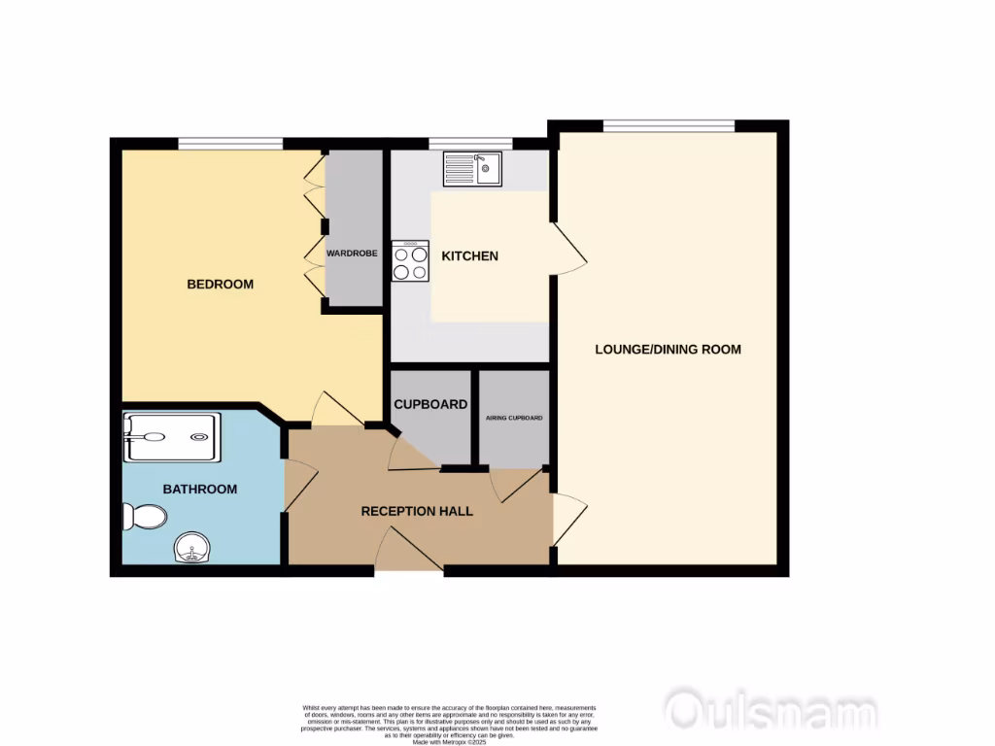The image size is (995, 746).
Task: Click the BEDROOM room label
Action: [220, 285]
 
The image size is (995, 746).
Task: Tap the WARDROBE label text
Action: [351, 253]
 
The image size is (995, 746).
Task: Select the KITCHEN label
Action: [469, 256]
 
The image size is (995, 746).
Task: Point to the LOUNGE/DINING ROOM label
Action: [668, 350]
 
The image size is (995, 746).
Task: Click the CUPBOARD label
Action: [429, 404]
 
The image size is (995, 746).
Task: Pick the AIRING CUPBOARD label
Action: [514, 419]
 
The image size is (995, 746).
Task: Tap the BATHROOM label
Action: [199, 489]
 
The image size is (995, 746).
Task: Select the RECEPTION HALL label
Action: [417, 511]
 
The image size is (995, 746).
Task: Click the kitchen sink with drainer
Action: [472, 169]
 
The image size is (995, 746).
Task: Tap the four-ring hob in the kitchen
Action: [410, 261]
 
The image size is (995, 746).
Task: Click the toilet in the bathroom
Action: [143, 515]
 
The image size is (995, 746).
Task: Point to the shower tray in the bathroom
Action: [172, 436]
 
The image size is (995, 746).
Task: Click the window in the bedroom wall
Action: [230, 144]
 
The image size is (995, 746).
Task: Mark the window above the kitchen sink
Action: [470, 144]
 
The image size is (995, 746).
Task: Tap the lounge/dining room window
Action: [669, 125]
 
